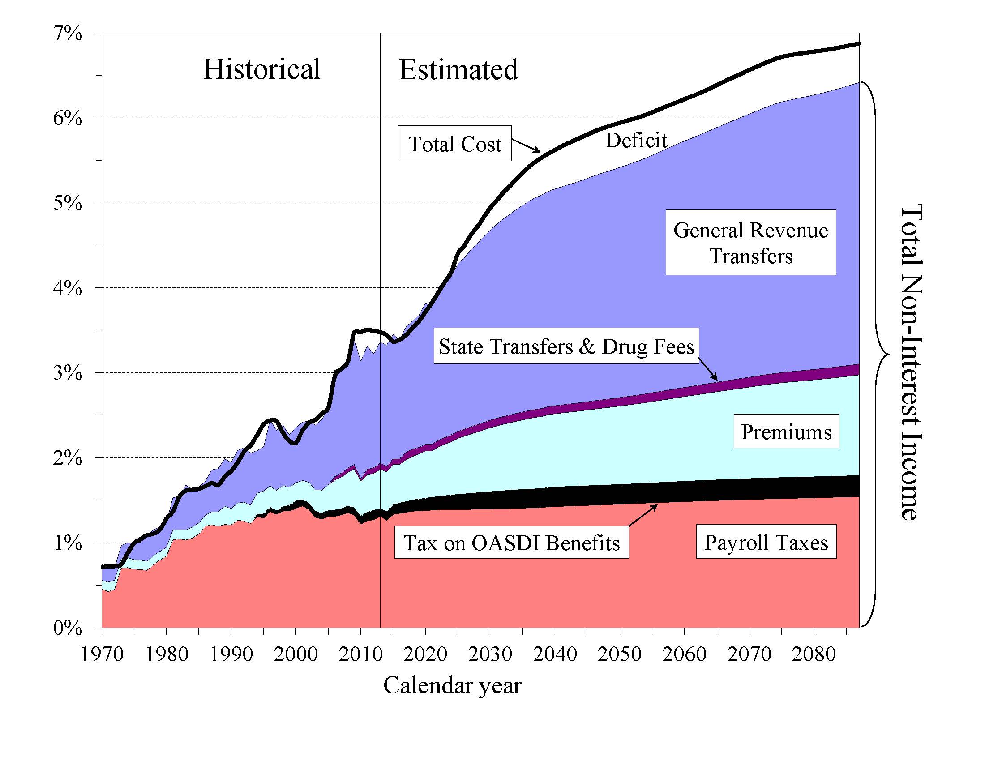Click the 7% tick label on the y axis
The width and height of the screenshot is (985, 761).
pyautogui.click(x=68, y=34)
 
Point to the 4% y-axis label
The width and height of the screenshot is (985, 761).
pyautogui.click(x=68, y=288)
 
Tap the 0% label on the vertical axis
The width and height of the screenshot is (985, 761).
pyautogui.click(x=68, y=628)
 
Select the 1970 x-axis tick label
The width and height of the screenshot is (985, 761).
pyautogui.click(x=102, y=654)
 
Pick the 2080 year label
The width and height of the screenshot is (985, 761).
pyautogui.click(x=814, y=654)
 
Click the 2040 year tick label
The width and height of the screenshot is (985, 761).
pyautogui.click(x=555, y=654)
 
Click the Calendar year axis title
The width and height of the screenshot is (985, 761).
pyautogui.click(x=452, y=685)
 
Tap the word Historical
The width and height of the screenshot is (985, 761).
pyautogui.click(x=261, y=69)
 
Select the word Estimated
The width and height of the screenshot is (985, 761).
pyautogui.click(x=458, y=70)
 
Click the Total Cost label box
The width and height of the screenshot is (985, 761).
pyautogui.click(x=454, y=144)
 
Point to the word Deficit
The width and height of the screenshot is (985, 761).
pyautogui.click(x=635, y=140)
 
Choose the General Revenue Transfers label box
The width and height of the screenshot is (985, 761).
pyautogui.click(x=750, y=243)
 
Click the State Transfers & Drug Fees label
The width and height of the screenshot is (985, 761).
pyautogui.click(x=566, y=346)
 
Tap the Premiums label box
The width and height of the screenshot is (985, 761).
pyautogui.click(x=786, y=432)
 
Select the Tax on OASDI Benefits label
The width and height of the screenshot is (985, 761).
pyautogui.click(x=511, y=543)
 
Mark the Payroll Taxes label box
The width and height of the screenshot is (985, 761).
pyautogui.click(x=766, y=542)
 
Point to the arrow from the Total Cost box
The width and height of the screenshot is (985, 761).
pyautogui.click(x=526, y=145)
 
